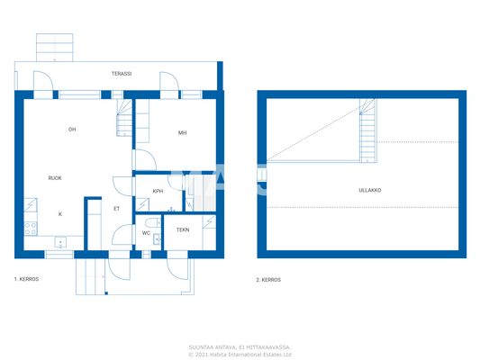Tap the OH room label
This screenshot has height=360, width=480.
72,130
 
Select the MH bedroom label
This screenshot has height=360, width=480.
182,133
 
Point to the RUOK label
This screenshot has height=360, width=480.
56,178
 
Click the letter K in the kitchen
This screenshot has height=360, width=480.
60,214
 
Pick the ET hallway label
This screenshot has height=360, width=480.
116,209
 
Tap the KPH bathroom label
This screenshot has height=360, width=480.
158,191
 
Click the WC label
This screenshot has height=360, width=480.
146,233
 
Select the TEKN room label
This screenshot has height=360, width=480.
183,230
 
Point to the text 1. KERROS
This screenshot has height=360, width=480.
26,280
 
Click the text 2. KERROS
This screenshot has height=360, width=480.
268,280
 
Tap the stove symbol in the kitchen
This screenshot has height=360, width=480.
31,228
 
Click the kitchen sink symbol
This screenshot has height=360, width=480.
60,241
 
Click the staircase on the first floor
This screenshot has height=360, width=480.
123,117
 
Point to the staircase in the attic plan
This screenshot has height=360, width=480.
367,130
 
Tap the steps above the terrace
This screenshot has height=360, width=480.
54,45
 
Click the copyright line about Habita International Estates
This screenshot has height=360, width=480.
240,354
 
